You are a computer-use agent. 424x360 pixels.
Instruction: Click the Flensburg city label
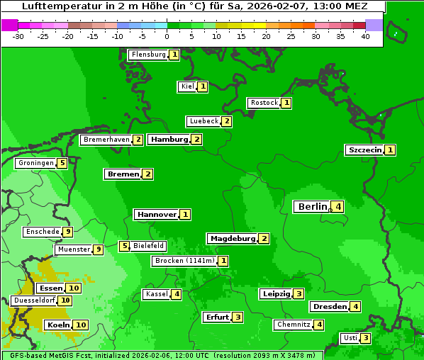[x=148, y=55]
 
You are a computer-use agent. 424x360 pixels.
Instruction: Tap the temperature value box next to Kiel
[x=202, y=86]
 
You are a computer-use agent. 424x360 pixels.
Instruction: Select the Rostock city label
[x=264, y=103]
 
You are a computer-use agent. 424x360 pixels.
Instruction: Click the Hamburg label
[x=169, y=139]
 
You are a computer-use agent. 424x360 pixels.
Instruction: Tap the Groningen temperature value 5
[x=62, y=163]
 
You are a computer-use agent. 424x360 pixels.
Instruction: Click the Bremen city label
[x=122, y=174]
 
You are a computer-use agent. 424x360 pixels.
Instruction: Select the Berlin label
[x=312, y=207]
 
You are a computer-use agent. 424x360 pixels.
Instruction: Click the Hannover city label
[x=156, y=214]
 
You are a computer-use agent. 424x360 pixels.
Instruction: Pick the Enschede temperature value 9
[x=67, y=232]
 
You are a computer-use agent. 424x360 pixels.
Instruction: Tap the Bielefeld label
[x=149, y=246]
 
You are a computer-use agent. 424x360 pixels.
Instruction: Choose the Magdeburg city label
[x=232, y=238]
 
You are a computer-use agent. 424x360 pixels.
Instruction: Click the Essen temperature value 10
[x=74, y=288]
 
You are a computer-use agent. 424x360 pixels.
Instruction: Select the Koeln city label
[x=57, y=325]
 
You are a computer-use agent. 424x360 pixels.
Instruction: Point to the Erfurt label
[x=216, y=317]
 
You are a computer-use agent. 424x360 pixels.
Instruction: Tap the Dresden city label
[x=329, y=306]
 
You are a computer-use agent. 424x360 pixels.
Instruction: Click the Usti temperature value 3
[x=365, y=337]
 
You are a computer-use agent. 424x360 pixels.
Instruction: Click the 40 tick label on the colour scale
[x=364, y=36]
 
